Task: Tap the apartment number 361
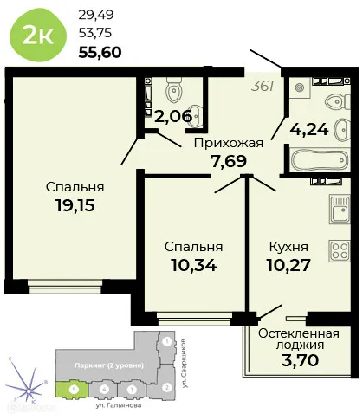[x=263, y=85]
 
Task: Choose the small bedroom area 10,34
[x=194, y=263]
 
